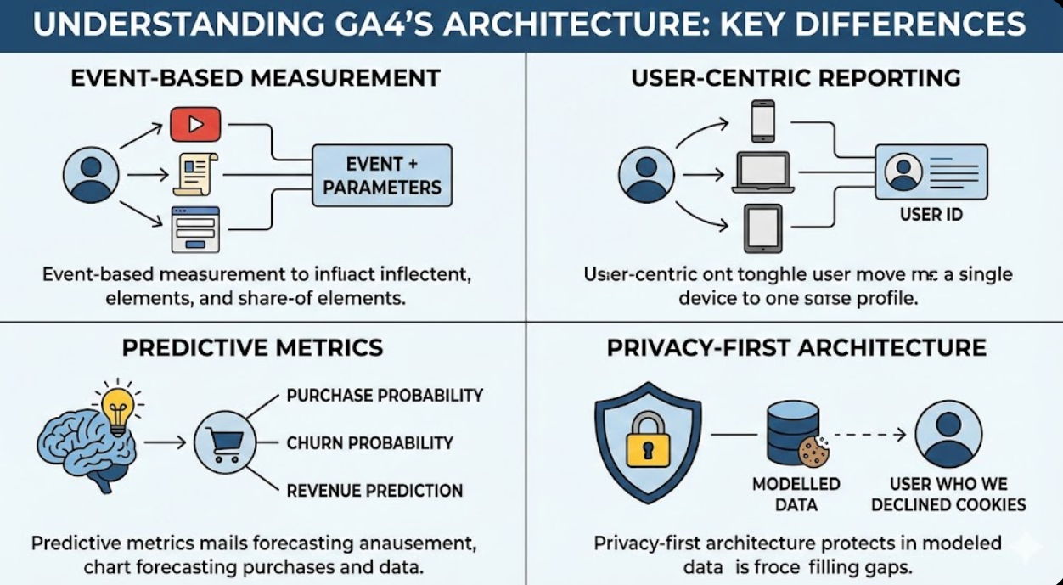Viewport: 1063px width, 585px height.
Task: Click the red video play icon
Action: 195,125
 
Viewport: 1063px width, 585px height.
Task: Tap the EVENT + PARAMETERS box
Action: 382,176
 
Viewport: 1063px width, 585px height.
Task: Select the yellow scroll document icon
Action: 195,173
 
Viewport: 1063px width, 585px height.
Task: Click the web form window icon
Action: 195,229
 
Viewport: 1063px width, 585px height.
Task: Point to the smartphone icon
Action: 762,121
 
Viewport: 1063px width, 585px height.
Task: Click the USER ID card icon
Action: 931,172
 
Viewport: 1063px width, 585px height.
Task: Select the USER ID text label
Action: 931,215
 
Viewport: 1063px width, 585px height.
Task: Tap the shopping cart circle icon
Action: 225,442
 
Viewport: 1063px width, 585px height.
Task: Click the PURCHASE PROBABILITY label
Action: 385,396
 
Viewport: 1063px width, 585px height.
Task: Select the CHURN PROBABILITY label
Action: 369,442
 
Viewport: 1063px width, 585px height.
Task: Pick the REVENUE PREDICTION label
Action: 374,490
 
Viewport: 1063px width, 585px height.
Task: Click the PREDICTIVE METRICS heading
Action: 252,347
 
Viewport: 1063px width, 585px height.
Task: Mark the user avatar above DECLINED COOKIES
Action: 948,434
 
